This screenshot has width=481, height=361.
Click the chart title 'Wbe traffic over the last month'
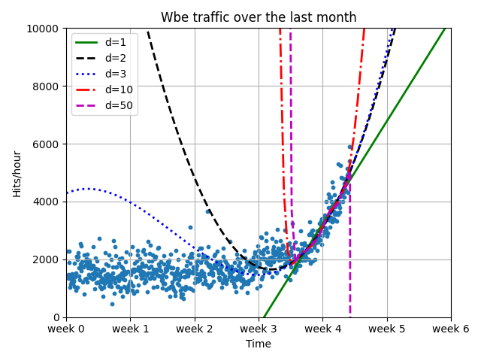[x=259, y=17]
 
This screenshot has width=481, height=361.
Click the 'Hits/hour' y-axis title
[x=17, y=173]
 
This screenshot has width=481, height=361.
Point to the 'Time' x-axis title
[x=259, y=344]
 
